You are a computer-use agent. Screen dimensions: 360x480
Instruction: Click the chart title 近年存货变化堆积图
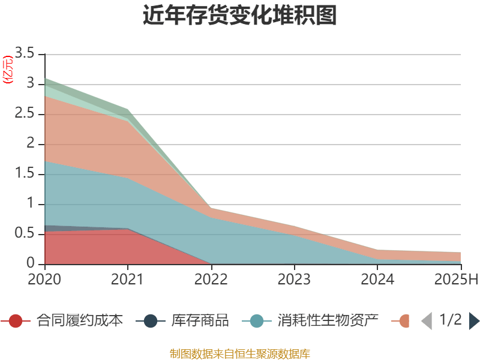click(240, 16)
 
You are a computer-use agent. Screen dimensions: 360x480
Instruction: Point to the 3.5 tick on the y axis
click(26, 53)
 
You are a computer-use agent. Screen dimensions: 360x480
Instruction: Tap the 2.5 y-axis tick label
click(26, 114)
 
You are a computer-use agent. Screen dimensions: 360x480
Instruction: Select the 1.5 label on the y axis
click(26, 174)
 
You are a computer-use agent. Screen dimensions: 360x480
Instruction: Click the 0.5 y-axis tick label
click(26, 234)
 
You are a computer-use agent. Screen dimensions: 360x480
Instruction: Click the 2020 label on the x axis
click(44, 280)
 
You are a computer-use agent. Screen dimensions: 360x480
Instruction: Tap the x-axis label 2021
click(128, 280)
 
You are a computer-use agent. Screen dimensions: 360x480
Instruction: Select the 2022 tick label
click(211, 280)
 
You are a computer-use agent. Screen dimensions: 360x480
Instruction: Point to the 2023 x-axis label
click(295, 280)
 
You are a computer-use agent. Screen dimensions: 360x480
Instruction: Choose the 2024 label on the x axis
click(378, 280)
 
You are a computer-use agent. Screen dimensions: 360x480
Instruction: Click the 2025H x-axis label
click(455, 280)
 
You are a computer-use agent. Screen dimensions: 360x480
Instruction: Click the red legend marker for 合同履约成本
click(16, 321)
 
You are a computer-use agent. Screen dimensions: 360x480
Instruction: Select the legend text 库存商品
click(200, 321)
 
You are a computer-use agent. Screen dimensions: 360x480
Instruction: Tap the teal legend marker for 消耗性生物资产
click(256, 321)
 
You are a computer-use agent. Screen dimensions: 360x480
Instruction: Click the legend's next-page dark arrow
click(474, 321)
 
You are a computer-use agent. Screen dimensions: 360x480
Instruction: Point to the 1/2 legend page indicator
click(451, 320)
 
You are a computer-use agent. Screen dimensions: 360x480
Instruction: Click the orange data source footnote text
click(240, 353)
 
